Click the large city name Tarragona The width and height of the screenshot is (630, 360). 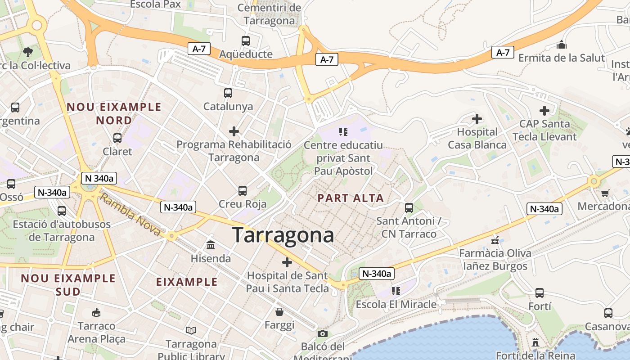click(x=283, y=235)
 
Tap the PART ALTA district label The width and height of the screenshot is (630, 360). click(x=351, y=198)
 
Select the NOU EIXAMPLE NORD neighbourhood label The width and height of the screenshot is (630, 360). click(x=114, y=113)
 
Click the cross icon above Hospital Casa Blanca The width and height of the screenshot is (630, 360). click(x=477, y=119)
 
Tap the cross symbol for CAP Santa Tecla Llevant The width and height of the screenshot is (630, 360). click(x=544, y=111)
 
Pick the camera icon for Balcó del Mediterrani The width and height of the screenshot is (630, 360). click(x=323, y=333)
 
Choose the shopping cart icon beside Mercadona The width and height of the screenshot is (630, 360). click(x=605, y=193)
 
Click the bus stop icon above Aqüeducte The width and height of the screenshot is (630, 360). click(x=245, y=41)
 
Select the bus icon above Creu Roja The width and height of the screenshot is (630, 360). click(x=243, y=191)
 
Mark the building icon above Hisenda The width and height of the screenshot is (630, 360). click(x=211, y=245)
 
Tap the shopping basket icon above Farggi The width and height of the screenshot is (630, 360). click(x=279, y=312)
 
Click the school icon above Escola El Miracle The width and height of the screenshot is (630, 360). click(x=396, y=291)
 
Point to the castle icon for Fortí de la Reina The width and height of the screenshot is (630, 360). click(x=535, y=342)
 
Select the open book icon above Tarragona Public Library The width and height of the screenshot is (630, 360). click(x=191, y=331)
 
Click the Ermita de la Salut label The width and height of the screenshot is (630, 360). click(x=562, y=58)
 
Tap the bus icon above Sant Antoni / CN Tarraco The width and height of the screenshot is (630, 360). click(x=409, y=207)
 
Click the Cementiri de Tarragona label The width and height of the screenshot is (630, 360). click(x=269, y=14)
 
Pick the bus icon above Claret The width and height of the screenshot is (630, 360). click(x=117, y=138)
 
